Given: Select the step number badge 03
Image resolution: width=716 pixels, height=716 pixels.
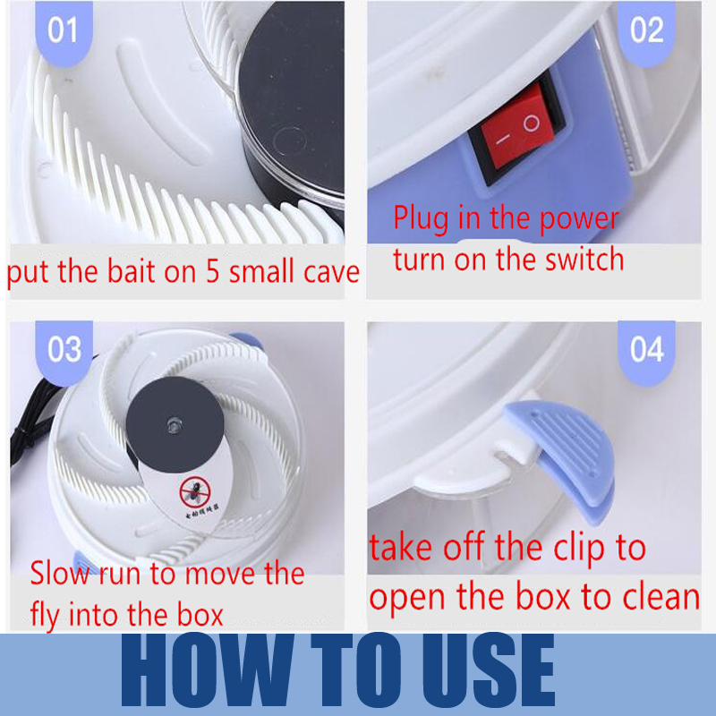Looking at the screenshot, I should click(x=64, y=349).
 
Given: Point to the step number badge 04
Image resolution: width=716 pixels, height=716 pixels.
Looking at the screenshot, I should click(x=646, y=348).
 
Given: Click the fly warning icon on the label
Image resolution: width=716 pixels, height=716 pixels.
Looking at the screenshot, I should click(x=191, y=490).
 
